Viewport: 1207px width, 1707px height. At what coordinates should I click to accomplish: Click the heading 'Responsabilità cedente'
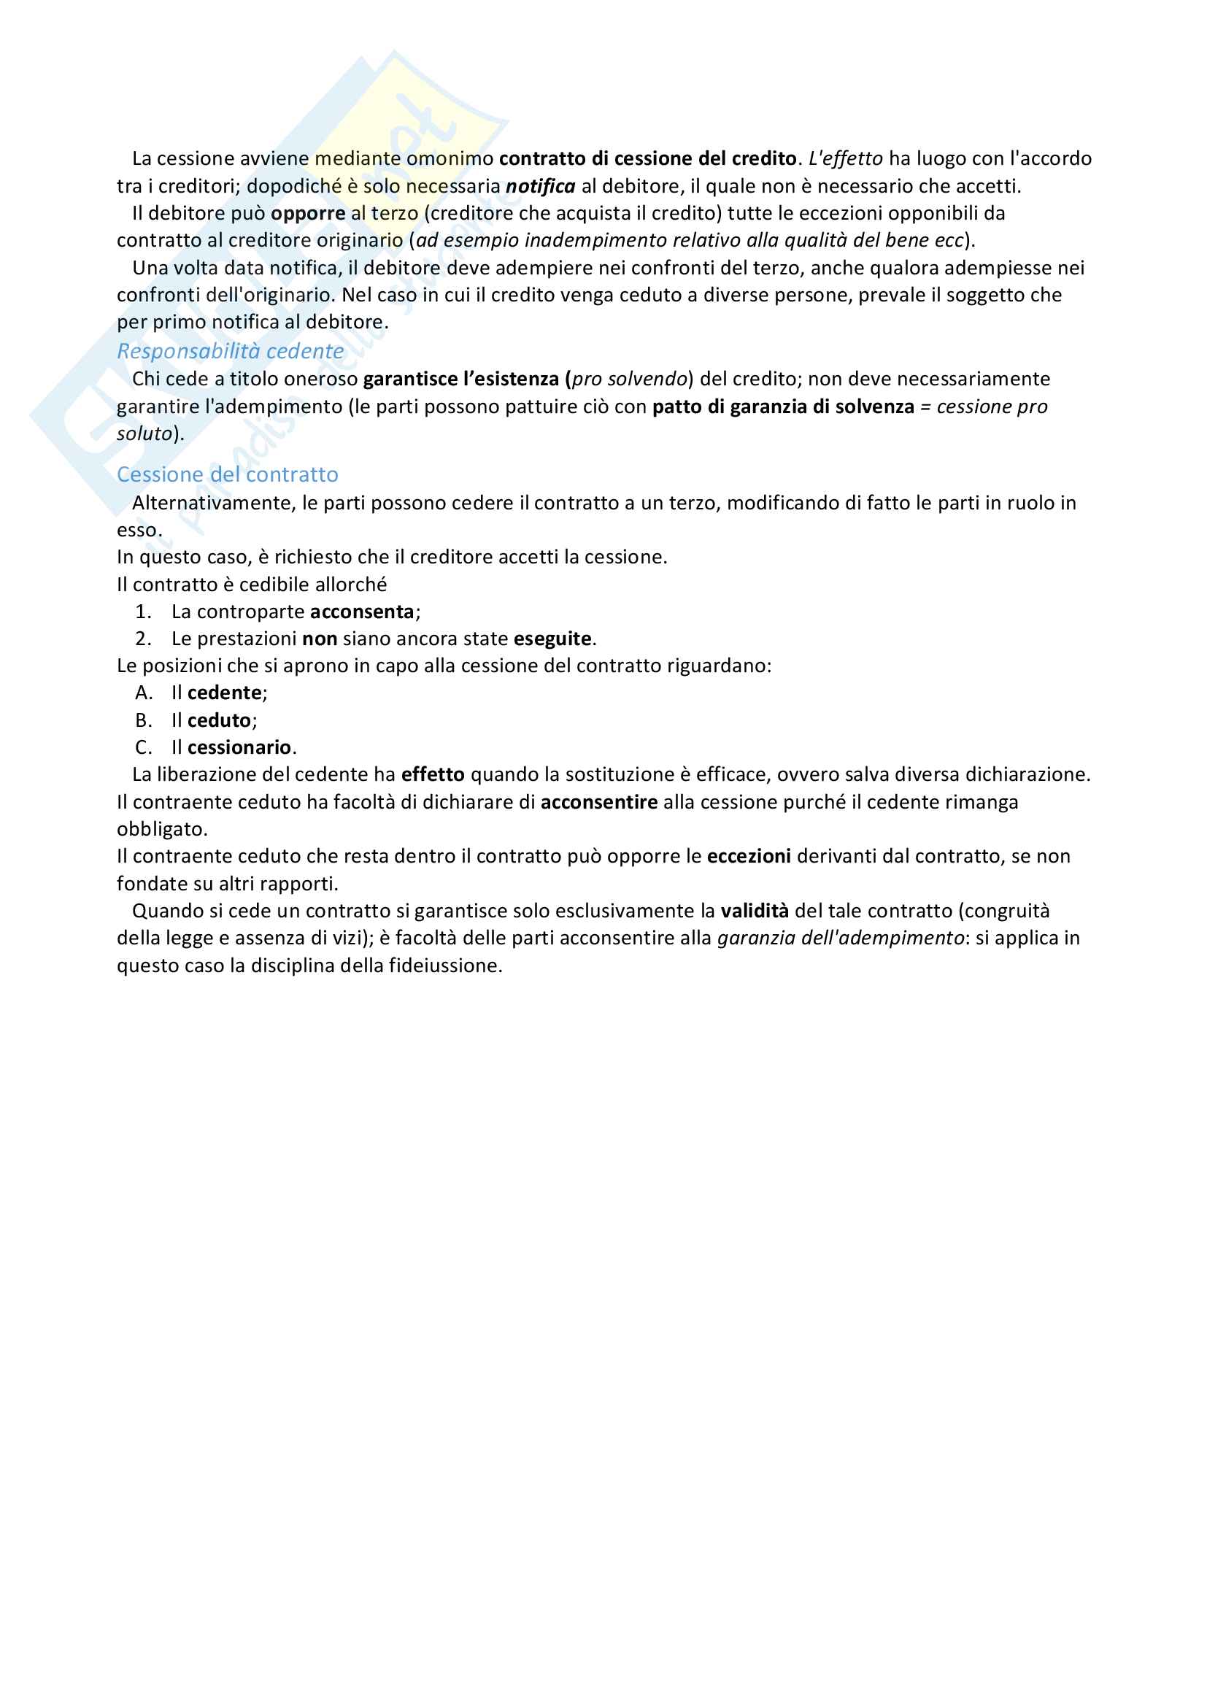point(231,351)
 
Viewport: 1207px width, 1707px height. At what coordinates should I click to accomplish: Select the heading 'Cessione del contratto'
point(228,474)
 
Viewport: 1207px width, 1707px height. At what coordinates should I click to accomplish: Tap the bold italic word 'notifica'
point(540,186)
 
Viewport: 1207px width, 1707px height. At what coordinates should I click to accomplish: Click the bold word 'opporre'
point(308,213)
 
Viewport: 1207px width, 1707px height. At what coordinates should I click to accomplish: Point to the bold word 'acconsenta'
point(362,612)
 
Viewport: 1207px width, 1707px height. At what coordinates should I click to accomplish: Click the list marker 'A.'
point(144,693)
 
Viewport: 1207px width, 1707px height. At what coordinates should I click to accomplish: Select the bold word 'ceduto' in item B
point(219,720)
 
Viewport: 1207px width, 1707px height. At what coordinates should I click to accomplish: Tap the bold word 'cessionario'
point(239,747)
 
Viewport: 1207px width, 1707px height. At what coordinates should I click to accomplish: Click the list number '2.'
point(144,639)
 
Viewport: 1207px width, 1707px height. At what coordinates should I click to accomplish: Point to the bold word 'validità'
point(755,911)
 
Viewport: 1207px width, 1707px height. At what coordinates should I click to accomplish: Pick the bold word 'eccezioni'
point(749,857)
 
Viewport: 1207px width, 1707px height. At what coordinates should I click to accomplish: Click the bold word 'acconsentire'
point(599,802)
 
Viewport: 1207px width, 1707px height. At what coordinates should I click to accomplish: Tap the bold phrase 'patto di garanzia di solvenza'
point(783,406)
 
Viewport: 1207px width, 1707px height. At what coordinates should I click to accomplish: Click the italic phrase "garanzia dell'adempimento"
point(841,939)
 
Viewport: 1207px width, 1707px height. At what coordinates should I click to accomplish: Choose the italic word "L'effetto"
point(846,159)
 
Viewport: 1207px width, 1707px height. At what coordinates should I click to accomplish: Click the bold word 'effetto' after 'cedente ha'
point(433,775)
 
